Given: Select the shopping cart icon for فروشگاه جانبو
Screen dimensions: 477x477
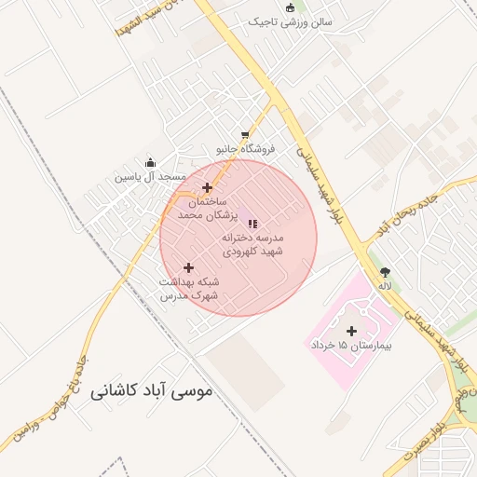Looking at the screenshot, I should pyautogui.click(x=245, y=135).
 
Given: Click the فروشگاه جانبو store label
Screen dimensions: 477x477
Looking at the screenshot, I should pyautogui.click(x=246, y=149).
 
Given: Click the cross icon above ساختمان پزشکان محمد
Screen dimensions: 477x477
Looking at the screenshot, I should pyautogui.click(x=207, y=187).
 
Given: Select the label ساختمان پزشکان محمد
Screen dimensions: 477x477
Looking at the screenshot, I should pyautogui.click(x=207, y=209).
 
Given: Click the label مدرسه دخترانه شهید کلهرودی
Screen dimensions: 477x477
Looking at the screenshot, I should pyautogui.click(x=252, y=244).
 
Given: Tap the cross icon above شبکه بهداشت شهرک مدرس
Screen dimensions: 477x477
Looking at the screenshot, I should pyautogui.click(x=188, y=267).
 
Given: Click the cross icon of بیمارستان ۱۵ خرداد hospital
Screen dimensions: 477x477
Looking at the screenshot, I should pyautogui.click(x=351, y=331).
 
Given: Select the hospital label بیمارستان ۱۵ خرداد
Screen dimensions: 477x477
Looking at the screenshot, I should pyautogui.click(x=351, y=345).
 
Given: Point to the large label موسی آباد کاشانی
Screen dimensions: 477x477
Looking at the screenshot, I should pyautogui.click(x=152, y=392).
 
